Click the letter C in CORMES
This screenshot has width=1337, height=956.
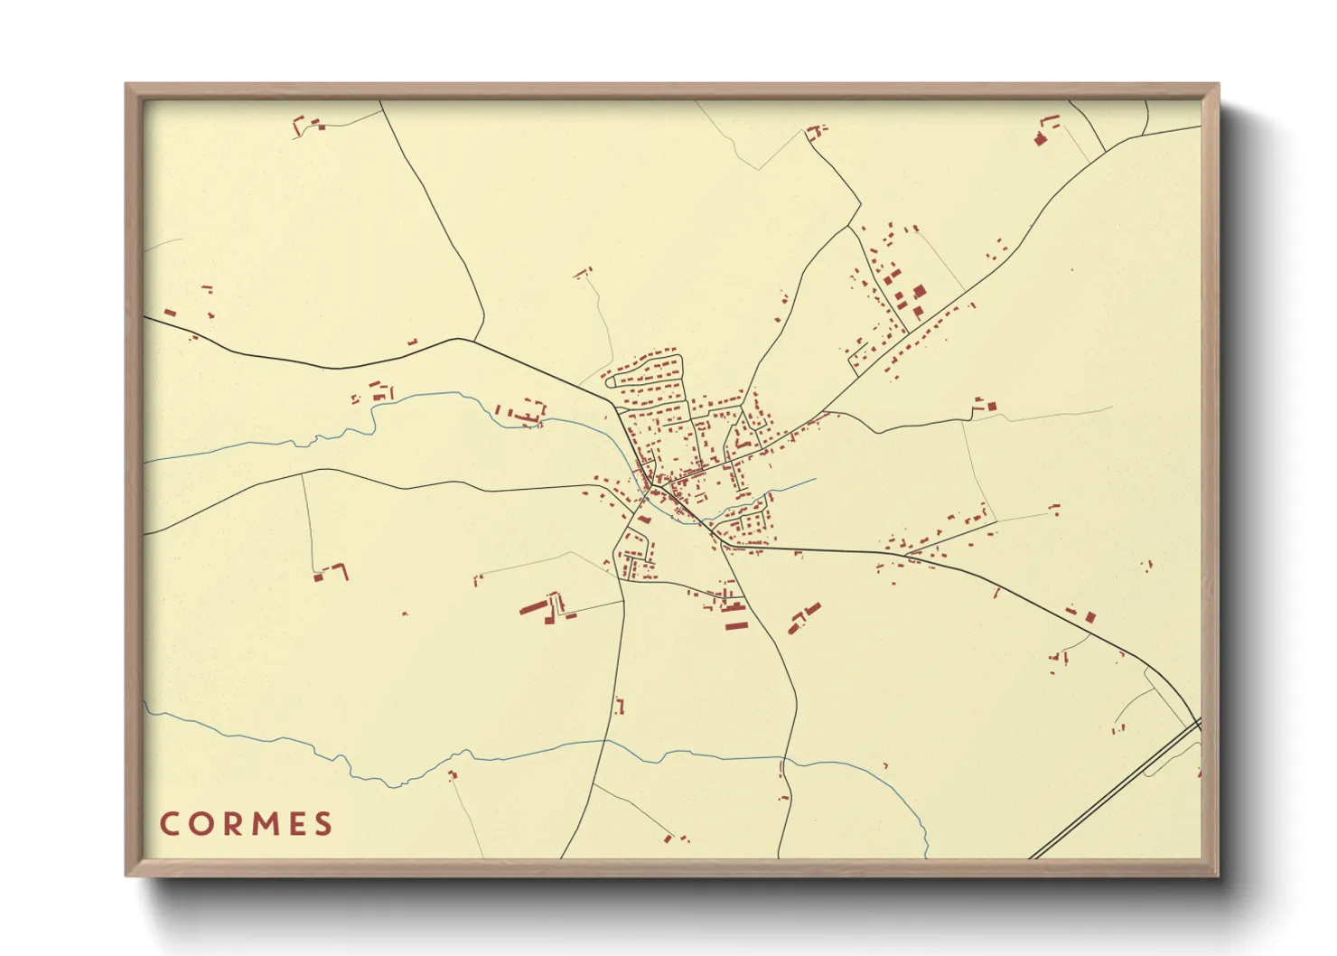pyautogui.click(x=170, y=824)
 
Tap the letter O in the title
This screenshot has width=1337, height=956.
pyautogui.click(x=200, y=824)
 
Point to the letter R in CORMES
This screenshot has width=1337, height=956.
pyautogui.click(x=231, y=824)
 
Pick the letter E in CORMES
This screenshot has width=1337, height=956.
pyautogui.click(x=296, y=824)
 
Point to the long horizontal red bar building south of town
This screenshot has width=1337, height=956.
pyautogui.click(x=736, y=624)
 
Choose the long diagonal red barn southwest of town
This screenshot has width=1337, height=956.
pyautogui.click(x=532, y=606)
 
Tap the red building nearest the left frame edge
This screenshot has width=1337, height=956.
pyautogui.click(x=169, y=313)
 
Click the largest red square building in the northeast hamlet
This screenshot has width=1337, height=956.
pyautogui.click(x=920, y=291)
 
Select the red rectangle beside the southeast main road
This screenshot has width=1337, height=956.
pyautogui.click(x=1090, y=617)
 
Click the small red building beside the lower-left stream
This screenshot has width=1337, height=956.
pyautogui.click(x=453, y=774)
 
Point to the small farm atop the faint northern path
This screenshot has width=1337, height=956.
pyautogui.click(x=583, y=272)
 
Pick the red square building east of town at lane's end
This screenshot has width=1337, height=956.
pyautogui.click(x=990, y=407)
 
